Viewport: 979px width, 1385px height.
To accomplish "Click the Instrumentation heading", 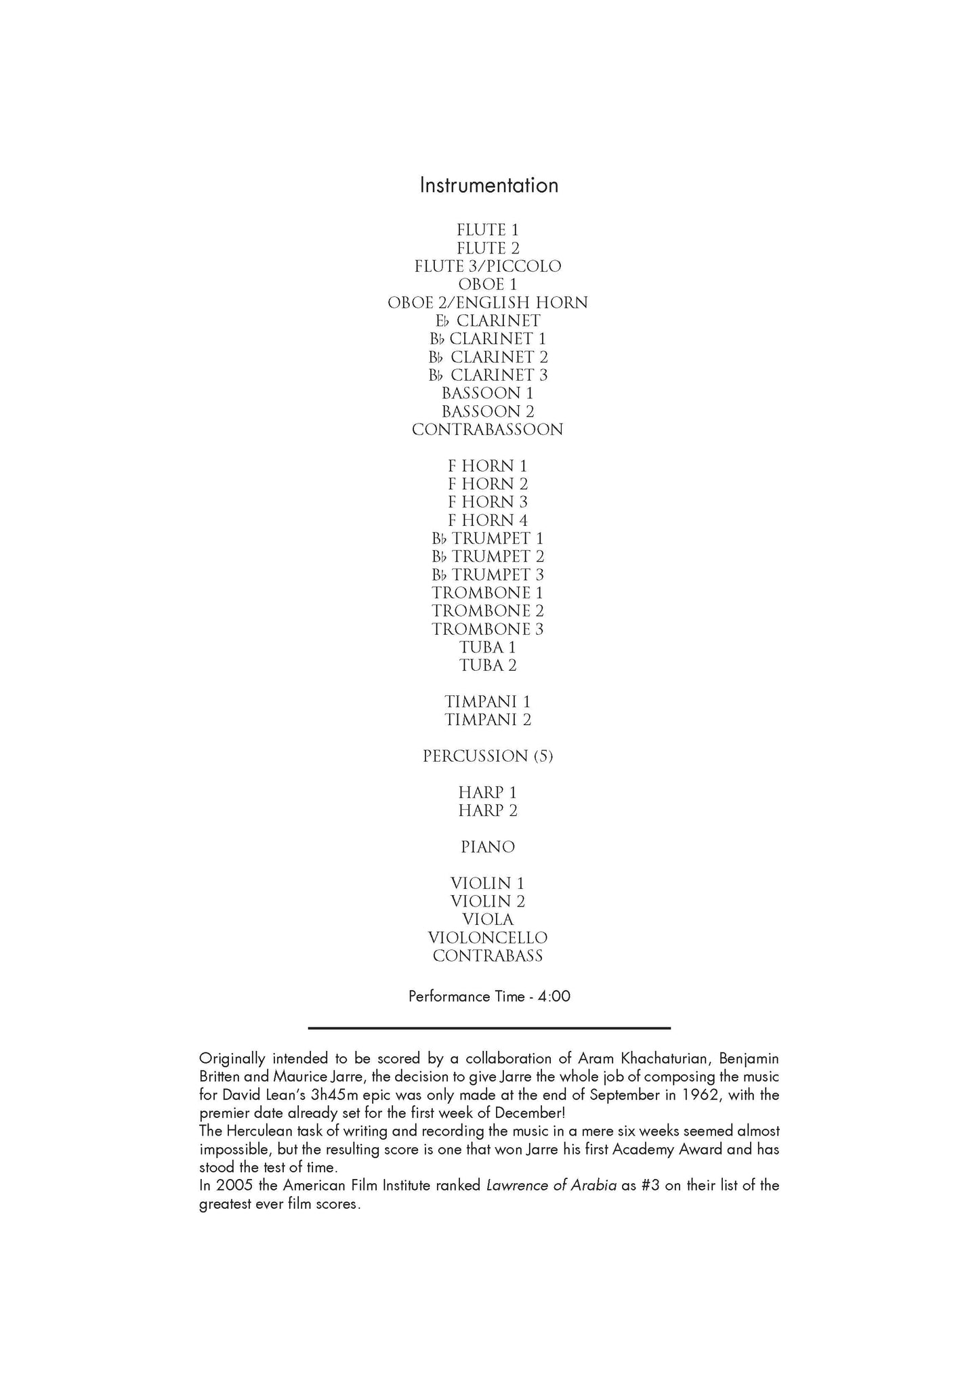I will [x=488, y=186].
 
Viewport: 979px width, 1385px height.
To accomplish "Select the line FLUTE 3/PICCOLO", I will [x=488, y=266].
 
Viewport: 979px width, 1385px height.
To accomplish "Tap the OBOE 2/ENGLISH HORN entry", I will [x=488, y=303].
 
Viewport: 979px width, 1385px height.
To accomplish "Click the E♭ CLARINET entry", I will [x=488, y=321].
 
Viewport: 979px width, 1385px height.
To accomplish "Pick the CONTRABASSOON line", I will [x=488, y=430].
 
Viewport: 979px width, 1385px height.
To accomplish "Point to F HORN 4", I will [x=488, y=520].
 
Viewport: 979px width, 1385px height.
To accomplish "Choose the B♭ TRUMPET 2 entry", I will [x=488, y=557].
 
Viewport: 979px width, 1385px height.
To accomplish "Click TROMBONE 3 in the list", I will [x=488, y=629].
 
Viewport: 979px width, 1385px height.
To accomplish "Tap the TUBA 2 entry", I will [x=488, y=665].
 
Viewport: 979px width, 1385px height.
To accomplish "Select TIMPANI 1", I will [x=488, y=702].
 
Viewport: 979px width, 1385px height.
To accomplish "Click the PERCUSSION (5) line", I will [x=488, y=756].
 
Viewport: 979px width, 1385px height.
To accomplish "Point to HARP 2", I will [x=488, y=811].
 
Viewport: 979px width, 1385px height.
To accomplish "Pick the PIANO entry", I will [x=488, y=847].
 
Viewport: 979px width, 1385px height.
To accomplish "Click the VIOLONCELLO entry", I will [x=488, y=938].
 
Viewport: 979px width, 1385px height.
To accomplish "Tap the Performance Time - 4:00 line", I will [x=489, y=996].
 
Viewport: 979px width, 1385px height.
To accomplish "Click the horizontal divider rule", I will [x=489, y=1028].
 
